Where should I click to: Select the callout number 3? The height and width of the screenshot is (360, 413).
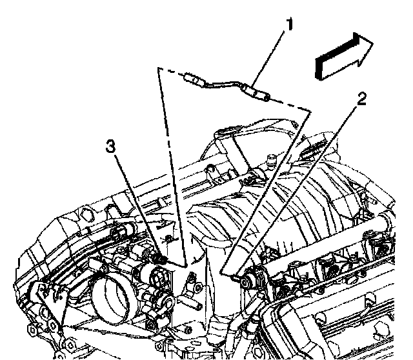(x=112, y=146)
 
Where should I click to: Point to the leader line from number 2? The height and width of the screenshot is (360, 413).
(x=297, y=187)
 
